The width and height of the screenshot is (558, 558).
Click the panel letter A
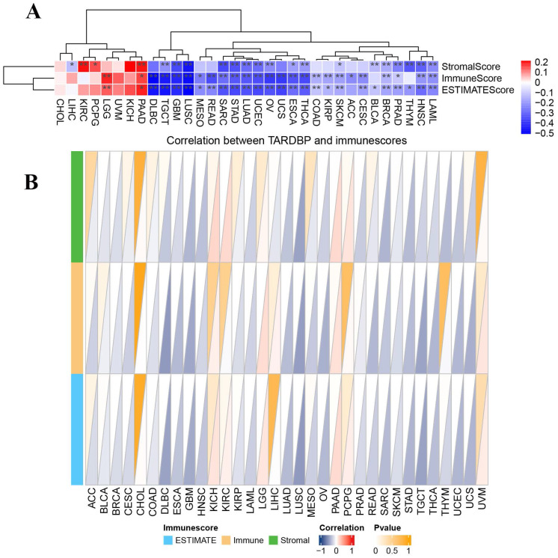[x=32, y=12]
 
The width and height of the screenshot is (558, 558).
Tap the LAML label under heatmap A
[x=432, y=106]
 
